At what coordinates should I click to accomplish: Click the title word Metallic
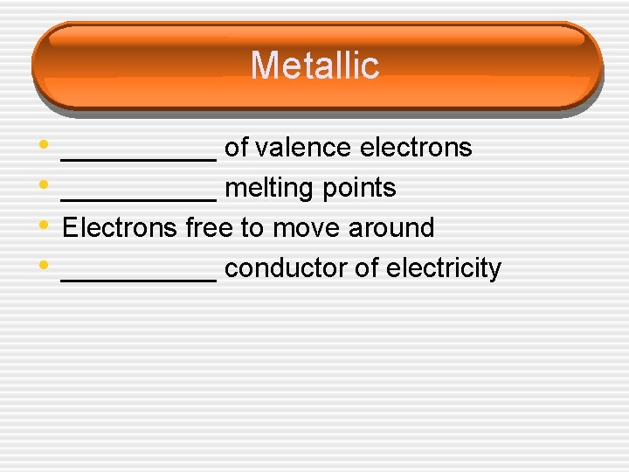[x=314, y=66]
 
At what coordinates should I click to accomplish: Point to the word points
[x=362, y=189]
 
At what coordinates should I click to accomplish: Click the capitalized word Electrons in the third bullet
[x=121, y=228]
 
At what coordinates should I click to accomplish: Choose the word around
[x=391, y=228]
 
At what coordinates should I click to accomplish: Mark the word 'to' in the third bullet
[x=252, y=228]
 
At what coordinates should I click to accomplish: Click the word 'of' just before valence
[x=236, y=149]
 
